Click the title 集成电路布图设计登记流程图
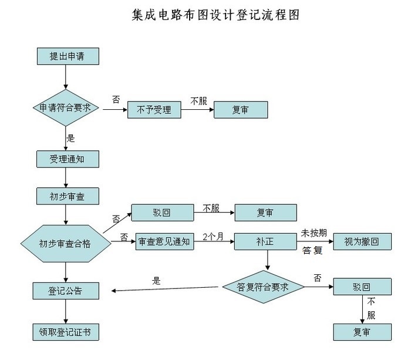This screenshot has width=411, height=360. coord(216,15)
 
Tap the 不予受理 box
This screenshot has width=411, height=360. coord(154,110)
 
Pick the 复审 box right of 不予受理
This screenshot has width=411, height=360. coord(240,110)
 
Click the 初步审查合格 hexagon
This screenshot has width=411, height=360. coord(65,242)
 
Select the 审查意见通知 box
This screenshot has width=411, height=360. coord(165,241)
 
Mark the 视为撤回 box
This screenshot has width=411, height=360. coord(363,241)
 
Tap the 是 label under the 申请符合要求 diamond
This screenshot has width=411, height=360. coord(71,138)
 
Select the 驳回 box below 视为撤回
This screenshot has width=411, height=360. coord(362,287)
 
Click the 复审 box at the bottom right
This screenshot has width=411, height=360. coord(362,332)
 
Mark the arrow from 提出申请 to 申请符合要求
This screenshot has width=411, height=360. coord(66,76)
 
